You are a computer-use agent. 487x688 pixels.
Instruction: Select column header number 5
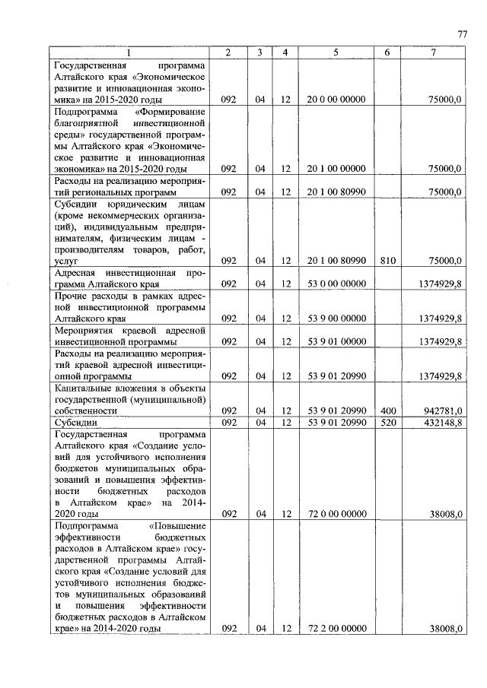click(x=335, y=52)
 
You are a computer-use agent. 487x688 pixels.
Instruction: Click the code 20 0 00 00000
click(x=336, y=100)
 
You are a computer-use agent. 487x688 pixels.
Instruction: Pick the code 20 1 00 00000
click(x=336, y=169)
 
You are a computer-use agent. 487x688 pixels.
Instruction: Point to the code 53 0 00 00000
click(x=336, y=283)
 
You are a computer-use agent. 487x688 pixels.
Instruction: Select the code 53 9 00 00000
click(x=336, y=318)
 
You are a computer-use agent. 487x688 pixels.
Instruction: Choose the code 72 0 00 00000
click(x=336, y=514)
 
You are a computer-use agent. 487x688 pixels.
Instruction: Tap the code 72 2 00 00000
click(x=336, y=629)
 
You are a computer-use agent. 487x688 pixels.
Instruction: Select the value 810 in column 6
click(x=387, y=260)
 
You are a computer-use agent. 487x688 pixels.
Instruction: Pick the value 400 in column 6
click(x=387, y=411)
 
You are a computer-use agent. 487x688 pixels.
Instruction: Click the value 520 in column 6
click(x=387, y=422)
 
